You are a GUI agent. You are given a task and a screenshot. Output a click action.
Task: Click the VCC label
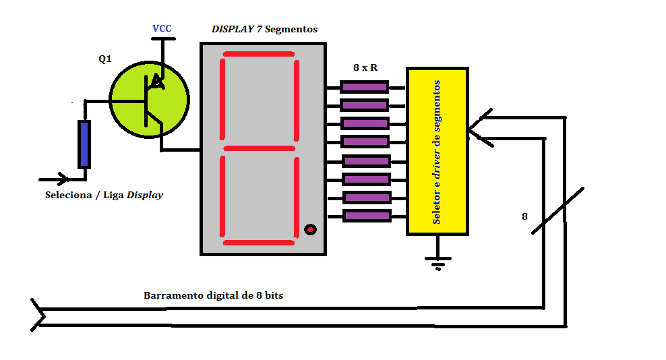coord(161,28)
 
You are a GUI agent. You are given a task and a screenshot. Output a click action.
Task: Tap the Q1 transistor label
coord(105,59)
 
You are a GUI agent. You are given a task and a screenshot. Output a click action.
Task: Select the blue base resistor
coord(84,144)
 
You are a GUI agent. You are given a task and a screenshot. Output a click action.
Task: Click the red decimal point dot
coord(311,229)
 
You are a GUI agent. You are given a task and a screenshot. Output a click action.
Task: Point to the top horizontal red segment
coord(259,54)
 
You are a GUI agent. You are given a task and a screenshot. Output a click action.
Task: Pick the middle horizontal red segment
coord(259,148)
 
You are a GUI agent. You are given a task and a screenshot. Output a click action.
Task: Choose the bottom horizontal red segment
coord(259,243)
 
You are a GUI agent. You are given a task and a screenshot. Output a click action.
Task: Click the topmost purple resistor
coord(365,87)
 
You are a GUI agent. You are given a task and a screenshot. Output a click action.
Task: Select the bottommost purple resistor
coord(367,216)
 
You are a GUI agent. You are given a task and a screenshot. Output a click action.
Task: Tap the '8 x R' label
coord(365,67)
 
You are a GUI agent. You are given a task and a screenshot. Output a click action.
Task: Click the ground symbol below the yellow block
coord(438,260)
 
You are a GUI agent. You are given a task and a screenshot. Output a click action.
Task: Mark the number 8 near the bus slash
coord(524,216)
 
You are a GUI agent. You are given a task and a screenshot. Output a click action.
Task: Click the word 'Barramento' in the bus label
coord(173,295)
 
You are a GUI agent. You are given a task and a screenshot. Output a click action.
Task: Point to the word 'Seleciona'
coord(68,195)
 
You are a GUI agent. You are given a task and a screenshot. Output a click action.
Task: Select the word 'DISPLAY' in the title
coord(233,29)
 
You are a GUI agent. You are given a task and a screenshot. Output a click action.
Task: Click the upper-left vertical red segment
coord(222,100)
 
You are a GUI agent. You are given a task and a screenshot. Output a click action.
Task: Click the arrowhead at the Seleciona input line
coord(63,179)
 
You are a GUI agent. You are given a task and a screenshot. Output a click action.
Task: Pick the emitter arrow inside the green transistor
coord(158,81)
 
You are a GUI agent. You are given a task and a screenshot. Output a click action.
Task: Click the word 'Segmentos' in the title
coord(291,30)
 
